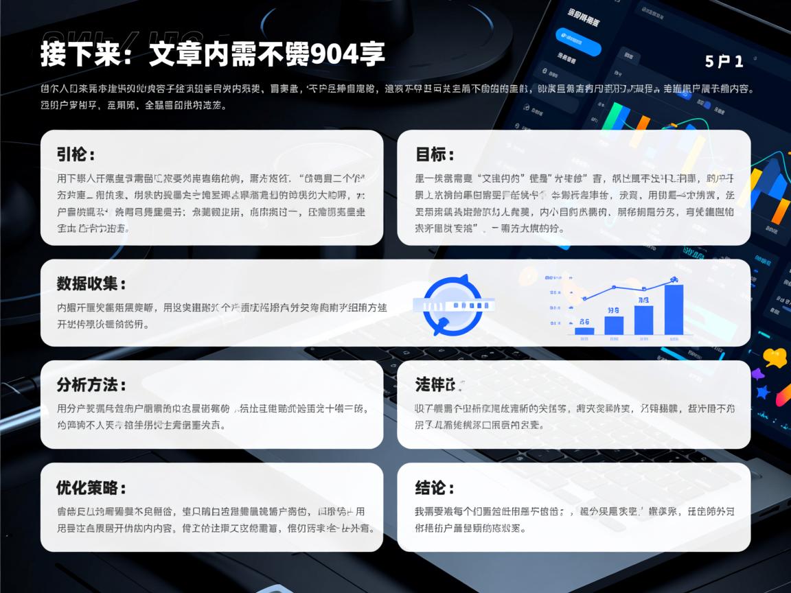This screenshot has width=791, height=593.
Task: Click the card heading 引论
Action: (76, 154)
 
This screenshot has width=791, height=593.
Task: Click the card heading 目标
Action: (435, 154)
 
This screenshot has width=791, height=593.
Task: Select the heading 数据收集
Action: (91, 283)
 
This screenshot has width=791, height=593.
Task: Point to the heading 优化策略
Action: (91, 488)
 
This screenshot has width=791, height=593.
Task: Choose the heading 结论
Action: (435, 488)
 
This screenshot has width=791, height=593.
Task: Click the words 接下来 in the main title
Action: (74, 54)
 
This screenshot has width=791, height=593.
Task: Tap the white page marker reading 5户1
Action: (724, 61)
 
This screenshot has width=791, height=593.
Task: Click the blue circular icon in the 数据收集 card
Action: (452, 305)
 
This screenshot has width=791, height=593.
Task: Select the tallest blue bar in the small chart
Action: (674, 310)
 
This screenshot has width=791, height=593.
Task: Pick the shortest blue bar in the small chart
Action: (584, 331)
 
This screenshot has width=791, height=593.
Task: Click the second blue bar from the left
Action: (614, 325)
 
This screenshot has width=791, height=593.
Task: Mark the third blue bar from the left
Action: (643, 319)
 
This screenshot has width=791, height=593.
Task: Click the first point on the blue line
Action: (584, 299)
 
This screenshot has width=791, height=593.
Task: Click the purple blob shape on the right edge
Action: (757, 375)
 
